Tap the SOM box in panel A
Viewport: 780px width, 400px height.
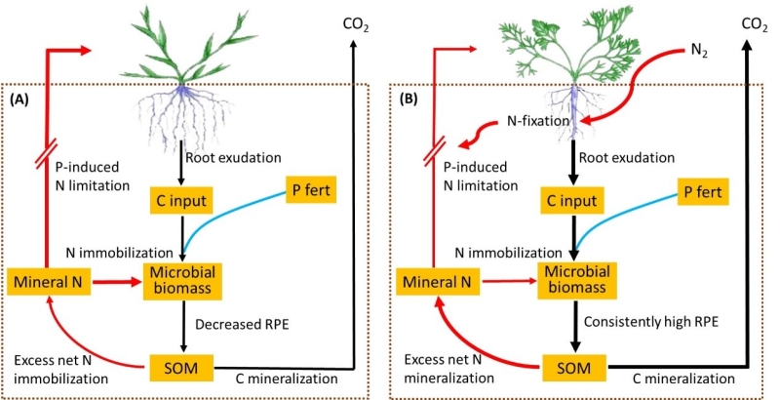178,369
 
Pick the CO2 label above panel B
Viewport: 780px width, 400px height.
751,21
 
